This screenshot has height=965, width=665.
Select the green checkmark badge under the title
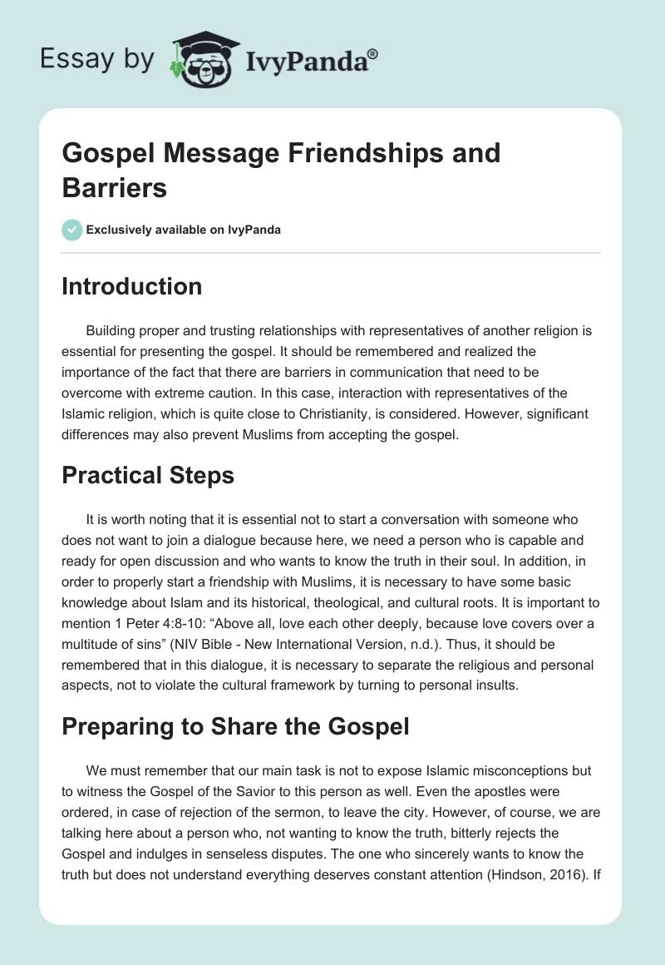click(x=72, y=230)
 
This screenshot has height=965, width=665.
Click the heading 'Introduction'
click(x=132, y=286)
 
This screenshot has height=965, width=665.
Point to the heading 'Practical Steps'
click(x=148, y=475)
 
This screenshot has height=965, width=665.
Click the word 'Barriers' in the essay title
click(x=115, y=188)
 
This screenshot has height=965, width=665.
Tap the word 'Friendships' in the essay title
click(x=361, y=153)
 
